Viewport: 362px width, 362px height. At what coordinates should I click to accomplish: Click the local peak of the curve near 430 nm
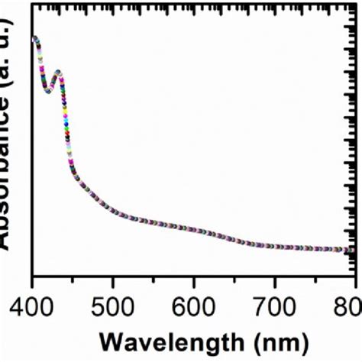tap(57, 73)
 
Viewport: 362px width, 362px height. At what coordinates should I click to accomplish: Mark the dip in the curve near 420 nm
tap(48, 89)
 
